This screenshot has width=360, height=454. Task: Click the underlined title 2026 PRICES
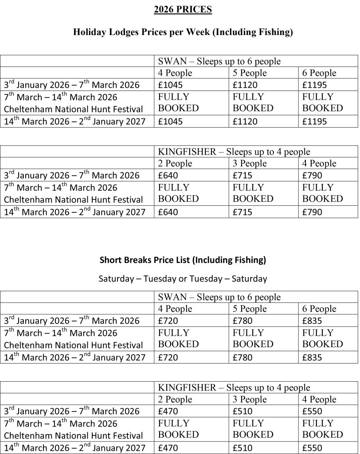click(183, 9)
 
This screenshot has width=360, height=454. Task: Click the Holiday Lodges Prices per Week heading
click(183, 32)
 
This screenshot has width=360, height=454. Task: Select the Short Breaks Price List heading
click(183, 260)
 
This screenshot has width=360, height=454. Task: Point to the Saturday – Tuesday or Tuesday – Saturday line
click(183, 279)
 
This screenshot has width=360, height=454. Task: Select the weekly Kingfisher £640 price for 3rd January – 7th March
click(168, 176)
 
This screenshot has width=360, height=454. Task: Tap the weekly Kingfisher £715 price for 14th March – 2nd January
click(243, 212)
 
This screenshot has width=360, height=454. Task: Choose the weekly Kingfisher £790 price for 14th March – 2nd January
click(312, 212)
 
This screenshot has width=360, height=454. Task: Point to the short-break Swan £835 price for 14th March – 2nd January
click(312, 357)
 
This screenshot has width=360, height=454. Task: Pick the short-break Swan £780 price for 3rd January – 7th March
click(243, 321)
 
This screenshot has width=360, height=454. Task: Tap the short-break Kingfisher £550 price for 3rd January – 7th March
click(312, 411)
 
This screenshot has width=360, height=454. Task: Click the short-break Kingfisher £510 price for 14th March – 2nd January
click(243, 448)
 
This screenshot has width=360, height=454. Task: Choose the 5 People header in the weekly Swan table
click(250, 73)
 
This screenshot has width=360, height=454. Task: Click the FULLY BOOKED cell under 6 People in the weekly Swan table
click(322, 102)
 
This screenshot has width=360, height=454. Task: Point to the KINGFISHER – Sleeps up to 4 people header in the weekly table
click(234, 152)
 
